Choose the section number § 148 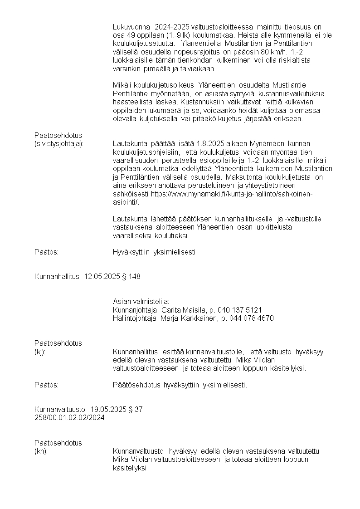[131, 276]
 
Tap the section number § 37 [136, 409]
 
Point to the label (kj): [40, 352]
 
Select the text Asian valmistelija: [141, 301]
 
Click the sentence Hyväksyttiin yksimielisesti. [155, 252]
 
